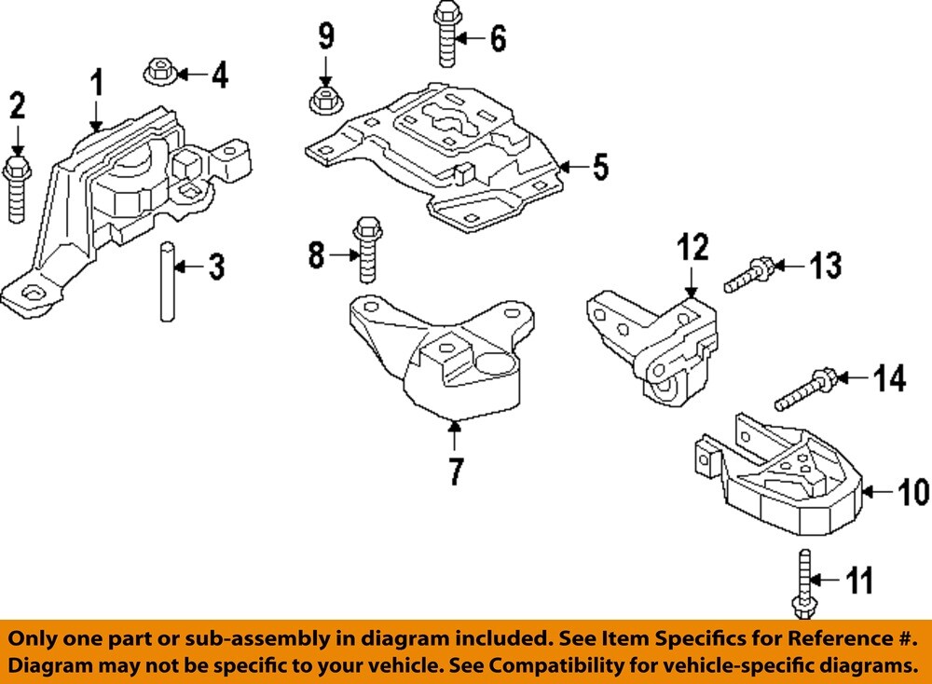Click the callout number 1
(95, 86)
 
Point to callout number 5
(599, 168)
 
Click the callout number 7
(454, 472)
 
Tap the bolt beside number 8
(367, 249)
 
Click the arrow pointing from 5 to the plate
(571, 169)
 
